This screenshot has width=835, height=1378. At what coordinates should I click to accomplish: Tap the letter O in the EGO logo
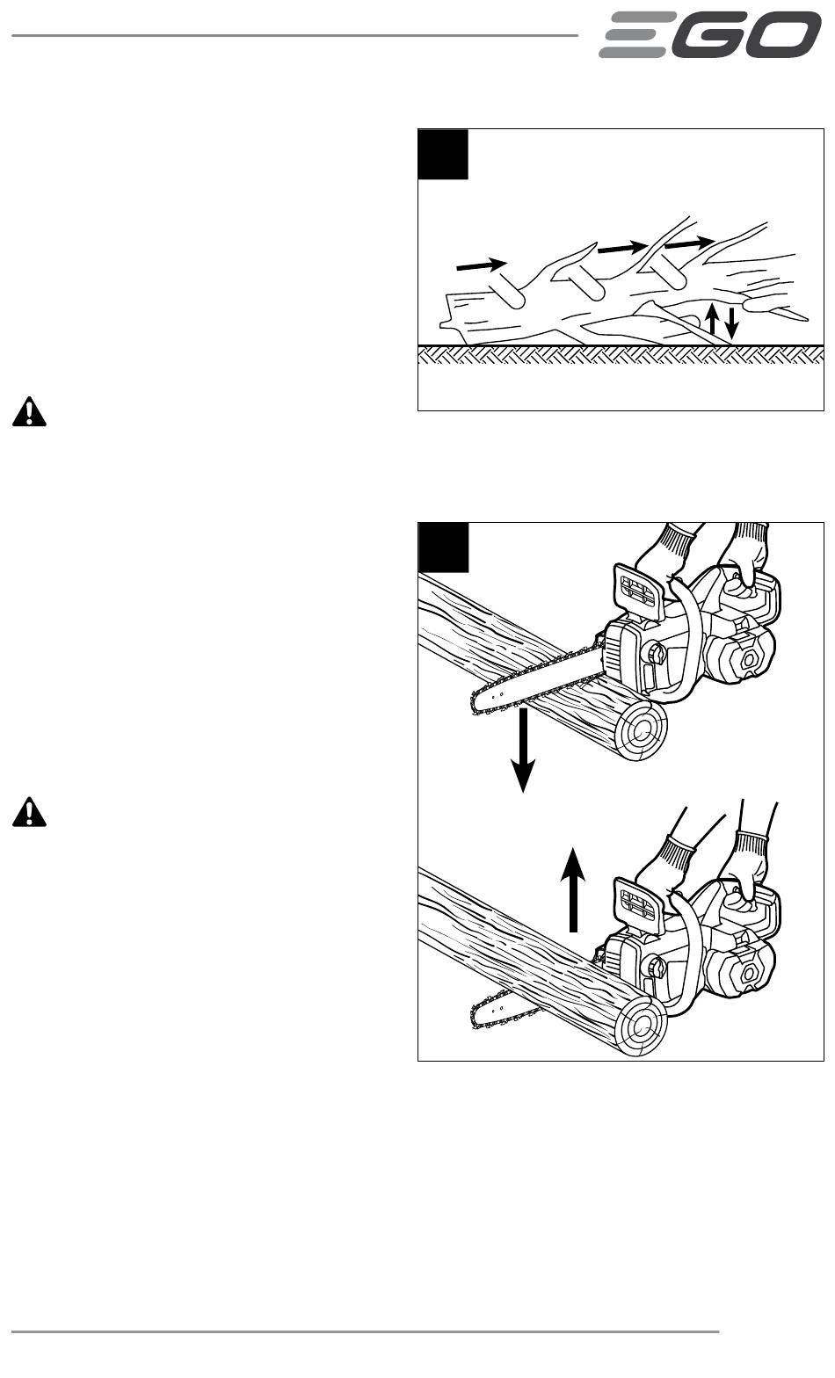pos(783,36)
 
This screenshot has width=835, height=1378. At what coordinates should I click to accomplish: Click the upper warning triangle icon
pos(29,412)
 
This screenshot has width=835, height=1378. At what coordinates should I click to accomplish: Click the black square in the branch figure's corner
pos(443,155)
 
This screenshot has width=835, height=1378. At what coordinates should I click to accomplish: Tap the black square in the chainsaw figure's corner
pos(443,547)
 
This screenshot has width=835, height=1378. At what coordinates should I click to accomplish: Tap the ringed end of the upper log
pos(641,730)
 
